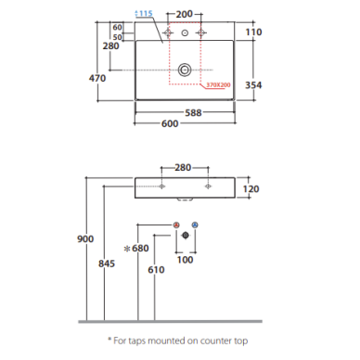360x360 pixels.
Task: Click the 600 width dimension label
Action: click(x=170, y=123)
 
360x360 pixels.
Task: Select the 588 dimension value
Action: click(x=193, y=113)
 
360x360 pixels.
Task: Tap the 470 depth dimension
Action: click(x=97, y=78)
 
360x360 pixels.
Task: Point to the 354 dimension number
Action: click(x=253, y=85)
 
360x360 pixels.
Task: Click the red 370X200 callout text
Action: click(x=218, y=84)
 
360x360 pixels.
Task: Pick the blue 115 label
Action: click(x=144, y=13)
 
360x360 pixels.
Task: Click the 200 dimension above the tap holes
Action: click(x=185, y=14)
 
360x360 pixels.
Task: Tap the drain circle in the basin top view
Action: click(x=185, y=70)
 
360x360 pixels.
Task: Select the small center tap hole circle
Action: click(x=185, y=32)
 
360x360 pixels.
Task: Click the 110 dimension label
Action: click(x=253, y=32)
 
